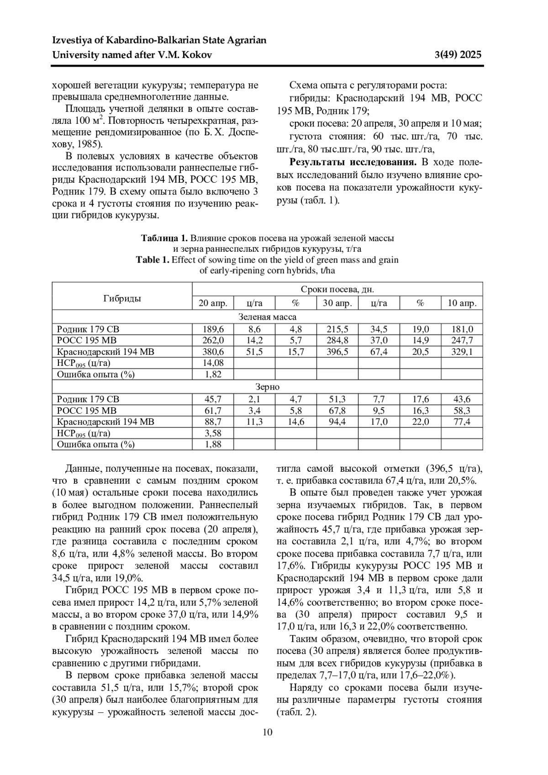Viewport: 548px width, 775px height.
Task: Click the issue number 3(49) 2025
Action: (x=458, y=55)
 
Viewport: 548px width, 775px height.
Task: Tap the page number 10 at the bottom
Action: (x=268, y=733)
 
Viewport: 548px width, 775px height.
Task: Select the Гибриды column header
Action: (x=122, y=299)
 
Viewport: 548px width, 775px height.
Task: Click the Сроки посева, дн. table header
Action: (x=337, y=289)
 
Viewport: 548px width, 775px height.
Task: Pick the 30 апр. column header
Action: (x=337, y=303)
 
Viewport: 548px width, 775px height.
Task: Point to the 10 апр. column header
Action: (x=462, y=303)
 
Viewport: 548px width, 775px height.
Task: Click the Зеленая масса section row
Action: (x=268, y=316)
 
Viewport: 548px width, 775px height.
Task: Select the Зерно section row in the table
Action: (x=268, y=387)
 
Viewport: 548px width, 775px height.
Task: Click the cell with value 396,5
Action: (x=337, y=352)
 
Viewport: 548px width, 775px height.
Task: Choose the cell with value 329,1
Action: (x=462, y=352)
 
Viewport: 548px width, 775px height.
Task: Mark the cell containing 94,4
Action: (x=337, y=422)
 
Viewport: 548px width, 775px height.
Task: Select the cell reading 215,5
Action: (x=337, y=329)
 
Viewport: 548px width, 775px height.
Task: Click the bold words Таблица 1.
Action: (x=164, y=238)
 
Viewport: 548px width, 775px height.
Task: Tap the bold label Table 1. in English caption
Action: (x=153, y=260)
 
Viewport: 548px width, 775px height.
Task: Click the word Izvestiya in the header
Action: (x=73, y=40)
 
